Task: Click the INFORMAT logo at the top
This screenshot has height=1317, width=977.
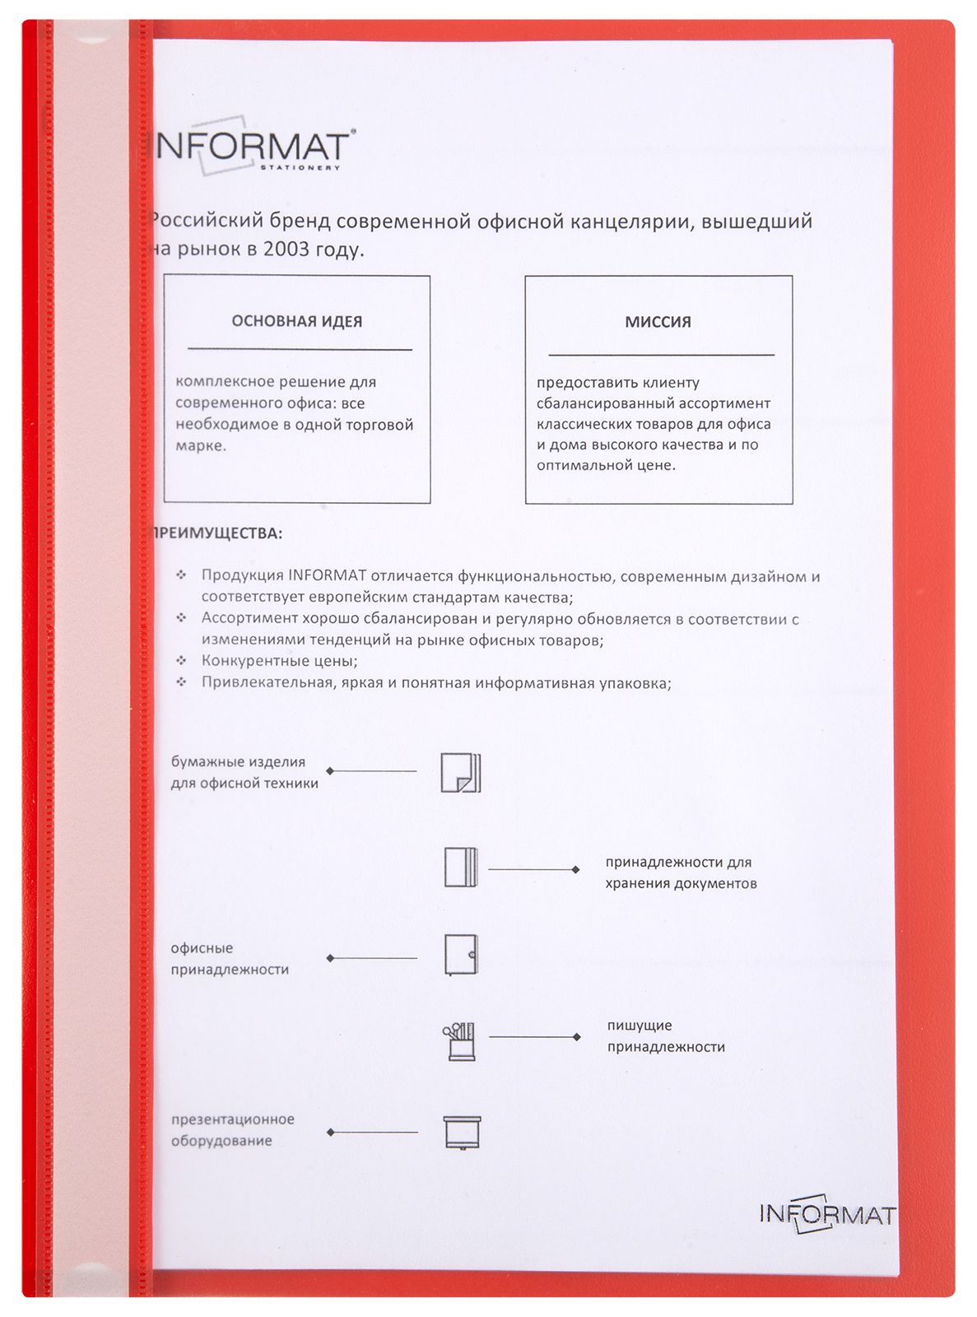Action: click(x=251, y=149)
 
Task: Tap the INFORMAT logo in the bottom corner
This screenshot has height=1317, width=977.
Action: click(x=826, y=1214)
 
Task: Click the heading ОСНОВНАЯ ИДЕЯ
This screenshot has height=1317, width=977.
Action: click(x=297, y=322)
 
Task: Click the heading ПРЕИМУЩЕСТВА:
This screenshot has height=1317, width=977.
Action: click(x=216, y=533)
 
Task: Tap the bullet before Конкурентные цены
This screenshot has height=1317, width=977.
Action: click(x=181, y=660)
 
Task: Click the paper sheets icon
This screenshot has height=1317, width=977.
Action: click(x=461, y=773)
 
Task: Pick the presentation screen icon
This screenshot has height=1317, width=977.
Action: click(x=462, y=1133)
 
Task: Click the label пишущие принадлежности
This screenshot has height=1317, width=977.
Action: click(x=666, y=1036)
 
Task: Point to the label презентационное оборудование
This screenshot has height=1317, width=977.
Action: click(x=232, y=1130)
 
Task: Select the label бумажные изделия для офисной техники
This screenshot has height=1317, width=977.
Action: click(x=244, y=773)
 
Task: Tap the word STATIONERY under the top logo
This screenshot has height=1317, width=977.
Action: click(x=300, y=168)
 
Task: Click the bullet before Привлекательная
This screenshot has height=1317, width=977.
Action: click(x=181, y=682)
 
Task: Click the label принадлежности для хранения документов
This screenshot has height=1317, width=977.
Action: click(x=681, y=873)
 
